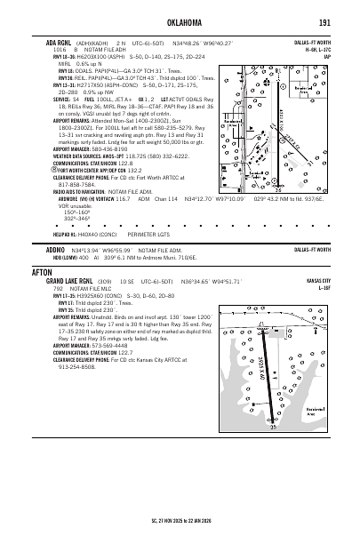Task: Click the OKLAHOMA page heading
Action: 180,20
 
